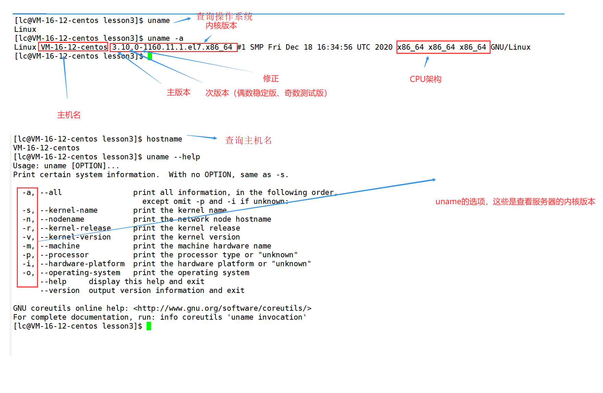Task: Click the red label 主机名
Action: coord(69,115)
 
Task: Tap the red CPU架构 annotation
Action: coord(426,79)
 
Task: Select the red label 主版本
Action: coord(179,93)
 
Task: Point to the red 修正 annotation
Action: coord(271,78)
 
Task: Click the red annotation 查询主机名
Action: coord(248,140)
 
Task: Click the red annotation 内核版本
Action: coord(221,26)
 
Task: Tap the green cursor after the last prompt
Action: coord(149,326)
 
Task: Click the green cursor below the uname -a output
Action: coord(150,56)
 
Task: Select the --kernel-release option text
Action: coord(76,228)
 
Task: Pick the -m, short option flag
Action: coord(28,246)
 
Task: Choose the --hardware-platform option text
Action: coord(83,264)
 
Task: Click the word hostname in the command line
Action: coord(164,139)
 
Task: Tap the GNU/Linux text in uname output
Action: coord(511,47)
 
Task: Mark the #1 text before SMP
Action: coord(242,47)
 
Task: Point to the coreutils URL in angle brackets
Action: coord(222,308)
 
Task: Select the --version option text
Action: coord(60,291)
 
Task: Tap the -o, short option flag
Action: coord(28,273)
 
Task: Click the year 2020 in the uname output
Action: coord(384,47)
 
